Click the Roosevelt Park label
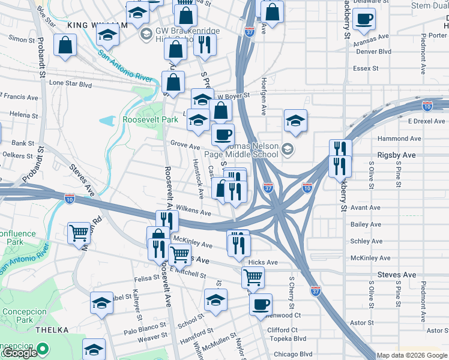pos(150,119)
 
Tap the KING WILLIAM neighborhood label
pos(98,25)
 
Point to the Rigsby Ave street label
pos(396,155)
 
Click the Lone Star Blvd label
pos(70,85)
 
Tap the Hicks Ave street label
pos(263,262)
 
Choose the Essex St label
pos(366,68)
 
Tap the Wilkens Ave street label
pos(193,212)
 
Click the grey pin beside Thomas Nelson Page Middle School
pos(288,149)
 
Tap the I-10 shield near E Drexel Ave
pos(427,106)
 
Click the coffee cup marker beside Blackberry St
pos(363,19)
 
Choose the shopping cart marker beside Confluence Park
pos(80,233)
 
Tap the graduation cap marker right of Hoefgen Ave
pos(295,121)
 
